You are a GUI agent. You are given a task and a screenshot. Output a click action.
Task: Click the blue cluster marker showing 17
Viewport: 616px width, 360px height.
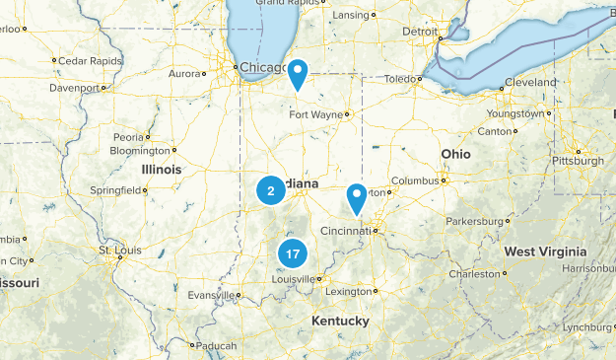pyautogui.click(x=292, y=253)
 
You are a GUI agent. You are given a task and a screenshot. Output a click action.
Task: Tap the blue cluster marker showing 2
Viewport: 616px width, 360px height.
pyautogui.click(x=271, y=190)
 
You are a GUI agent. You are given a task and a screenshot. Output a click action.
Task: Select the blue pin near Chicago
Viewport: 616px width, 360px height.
pyautogui.click(x=296, y=73)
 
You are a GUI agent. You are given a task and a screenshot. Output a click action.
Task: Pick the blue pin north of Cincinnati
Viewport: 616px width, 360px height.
pyautogui.click(x=357, y=198)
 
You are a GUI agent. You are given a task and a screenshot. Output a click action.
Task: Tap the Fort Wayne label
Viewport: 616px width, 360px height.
pyautogui.click(x=314, y=114)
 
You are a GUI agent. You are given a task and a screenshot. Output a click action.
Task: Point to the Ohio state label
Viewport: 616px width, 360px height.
pyautogui.click(x=455, y=155)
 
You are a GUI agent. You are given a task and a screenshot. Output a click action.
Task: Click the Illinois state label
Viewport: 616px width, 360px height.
pyautogui.click(x=162, y=170)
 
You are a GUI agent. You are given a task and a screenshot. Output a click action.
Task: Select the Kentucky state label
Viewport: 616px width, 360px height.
pyautogui.click(x=340, y=322)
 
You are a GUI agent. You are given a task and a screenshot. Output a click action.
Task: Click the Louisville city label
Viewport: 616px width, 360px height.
pyautogui.click(x=294, y=279)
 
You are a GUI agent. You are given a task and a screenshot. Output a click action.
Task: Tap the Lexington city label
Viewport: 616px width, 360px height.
pyautogui.click(x=350, y=292)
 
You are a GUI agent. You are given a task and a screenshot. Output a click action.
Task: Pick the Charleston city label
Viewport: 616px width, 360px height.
pyautogui.click(x=474, y=274)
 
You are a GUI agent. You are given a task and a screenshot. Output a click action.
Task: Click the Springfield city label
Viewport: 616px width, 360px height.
pyautogui.click(x=118, y=189)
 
